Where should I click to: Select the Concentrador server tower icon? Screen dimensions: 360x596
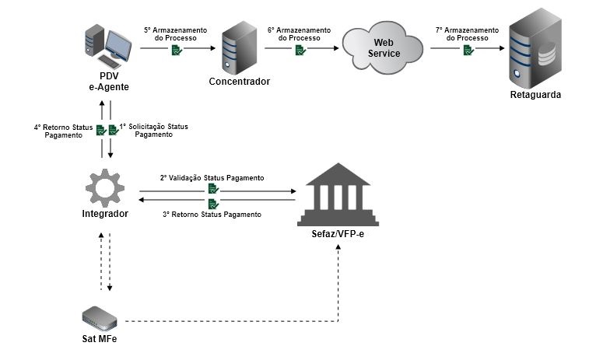(238, 48)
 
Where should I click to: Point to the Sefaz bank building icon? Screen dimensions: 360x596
(337, 193)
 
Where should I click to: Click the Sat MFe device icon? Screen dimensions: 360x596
(100, 316)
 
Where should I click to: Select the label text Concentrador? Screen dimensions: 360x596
(239, 81)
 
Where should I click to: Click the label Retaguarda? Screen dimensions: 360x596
(535, 95)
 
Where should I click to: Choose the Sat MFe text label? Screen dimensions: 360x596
(100, 339)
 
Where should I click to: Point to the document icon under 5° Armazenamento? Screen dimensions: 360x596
(177, 51)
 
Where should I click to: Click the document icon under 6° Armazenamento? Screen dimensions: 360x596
(300, 51)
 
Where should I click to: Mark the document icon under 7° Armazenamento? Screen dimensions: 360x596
(468, 51)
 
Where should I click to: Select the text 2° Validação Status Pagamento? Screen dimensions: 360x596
(212, 178)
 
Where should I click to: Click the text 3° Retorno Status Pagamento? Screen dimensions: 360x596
(212, 214)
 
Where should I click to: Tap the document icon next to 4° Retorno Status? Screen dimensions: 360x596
(100, 131)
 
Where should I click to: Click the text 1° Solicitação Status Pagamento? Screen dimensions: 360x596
(153, 130)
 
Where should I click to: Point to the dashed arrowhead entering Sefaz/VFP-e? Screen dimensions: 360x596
(338, 246)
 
